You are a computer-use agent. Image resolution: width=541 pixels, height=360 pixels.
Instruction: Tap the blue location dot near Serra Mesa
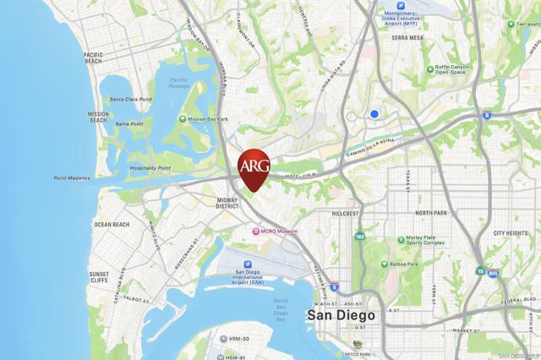374,113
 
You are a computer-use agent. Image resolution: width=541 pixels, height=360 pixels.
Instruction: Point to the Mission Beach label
99,117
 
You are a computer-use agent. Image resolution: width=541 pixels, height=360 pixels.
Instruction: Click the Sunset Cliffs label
99,278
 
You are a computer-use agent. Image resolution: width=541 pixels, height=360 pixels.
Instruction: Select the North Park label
430,213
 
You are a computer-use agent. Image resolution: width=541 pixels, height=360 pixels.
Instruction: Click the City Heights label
510,232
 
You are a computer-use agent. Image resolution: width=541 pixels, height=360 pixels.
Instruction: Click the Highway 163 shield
360,237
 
